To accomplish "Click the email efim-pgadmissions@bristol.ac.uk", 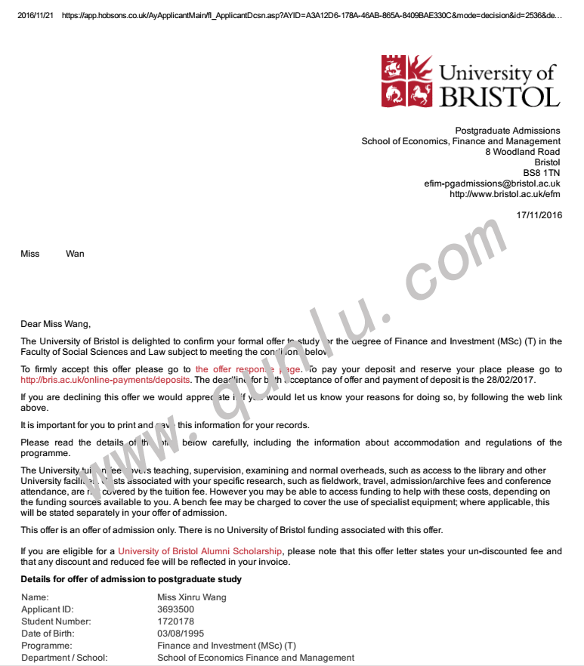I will tap(492, 183).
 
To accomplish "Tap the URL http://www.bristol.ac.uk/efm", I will tap(505, 194).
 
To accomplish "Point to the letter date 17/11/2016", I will tap(539, 215).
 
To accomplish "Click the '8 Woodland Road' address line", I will tap(522, 152).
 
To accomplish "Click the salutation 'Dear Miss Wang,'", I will tap(55, 324).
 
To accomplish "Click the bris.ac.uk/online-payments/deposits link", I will tap(106, 380).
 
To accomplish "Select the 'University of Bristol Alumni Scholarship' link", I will tap(200, 551).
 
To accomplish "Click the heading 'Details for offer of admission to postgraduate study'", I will tap(131, 579).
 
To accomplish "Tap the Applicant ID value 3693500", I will tap(175, 609).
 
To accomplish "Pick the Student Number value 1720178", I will tap(175, 621).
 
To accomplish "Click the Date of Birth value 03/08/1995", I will tap(181, 634).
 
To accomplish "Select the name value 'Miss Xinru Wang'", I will tap(191, 597).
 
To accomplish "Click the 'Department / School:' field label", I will tap(64, 658).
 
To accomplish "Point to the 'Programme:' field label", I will tap(46, 646).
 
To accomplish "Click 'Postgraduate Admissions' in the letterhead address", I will tap(507, 131).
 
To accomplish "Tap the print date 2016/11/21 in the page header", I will tap(35, 15).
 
